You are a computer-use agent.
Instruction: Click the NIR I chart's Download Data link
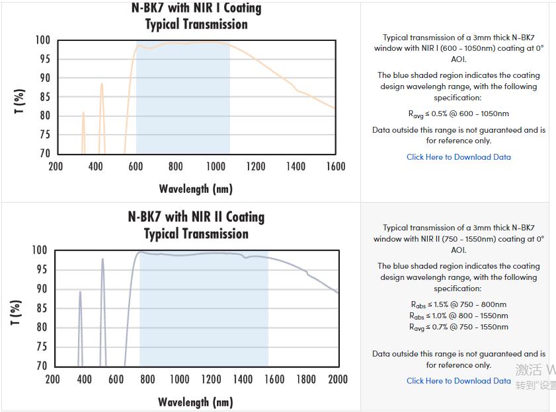458,157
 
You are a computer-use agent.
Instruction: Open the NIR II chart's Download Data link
458,381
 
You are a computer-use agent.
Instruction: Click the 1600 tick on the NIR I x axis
335,166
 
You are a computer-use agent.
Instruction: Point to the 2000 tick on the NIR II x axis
337,379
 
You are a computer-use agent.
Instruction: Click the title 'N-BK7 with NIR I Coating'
196,9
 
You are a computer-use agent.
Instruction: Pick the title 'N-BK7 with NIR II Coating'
196,217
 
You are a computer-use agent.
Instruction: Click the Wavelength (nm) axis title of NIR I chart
196,189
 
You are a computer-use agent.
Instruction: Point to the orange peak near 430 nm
102,84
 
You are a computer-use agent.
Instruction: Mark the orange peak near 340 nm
83,113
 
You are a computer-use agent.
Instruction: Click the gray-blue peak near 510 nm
102,259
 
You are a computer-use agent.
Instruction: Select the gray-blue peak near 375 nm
80,292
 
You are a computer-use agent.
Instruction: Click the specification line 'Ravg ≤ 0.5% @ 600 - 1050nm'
458,114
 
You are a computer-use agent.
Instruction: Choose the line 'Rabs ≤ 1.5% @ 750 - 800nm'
458,304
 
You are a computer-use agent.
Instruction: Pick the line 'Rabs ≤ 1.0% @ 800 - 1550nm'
458,316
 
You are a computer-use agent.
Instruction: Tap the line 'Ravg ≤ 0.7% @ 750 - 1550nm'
458,327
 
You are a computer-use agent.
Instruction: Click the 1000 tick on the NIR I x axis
216,166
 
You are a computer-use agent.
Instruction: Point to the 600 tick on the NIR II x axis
116,379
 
